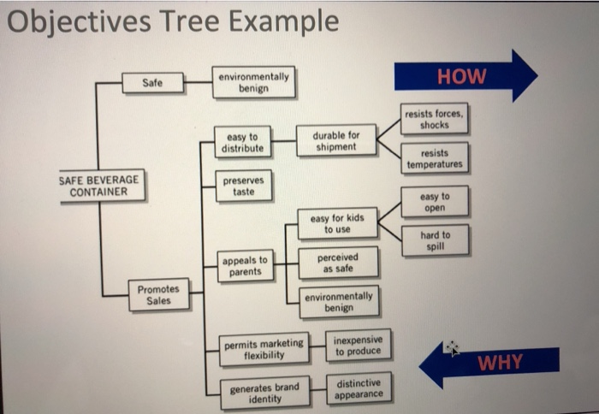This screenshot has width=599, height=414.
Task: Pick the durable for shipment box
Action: click(336, 140)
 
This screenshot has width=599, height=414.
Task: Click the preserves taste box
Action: click(244, 186)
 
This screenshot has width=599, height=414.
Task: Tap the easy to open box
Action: click(435, 202)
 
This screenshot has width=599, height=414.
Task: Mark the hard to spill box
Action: click(435, 240)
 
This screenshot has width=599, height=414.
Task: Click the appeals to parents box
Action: click(245, 266)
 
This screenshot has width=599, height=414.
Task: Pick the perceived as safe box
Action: click(337, 262)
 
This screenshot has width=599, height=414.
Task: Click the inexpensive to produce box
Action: click(358, 346)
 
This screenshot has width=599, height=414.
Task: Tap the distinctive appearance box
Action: click(359, 388)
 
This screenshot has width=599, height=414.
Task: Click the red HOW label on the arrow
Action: click(461, 77)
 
